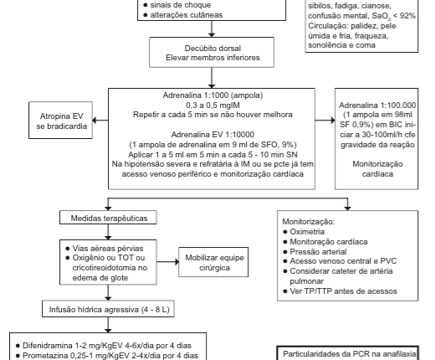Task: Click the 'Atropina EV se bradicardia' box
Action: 60,121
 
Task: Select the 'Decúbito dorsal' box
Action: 212,53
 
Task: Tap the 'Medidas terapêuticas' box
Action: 108,218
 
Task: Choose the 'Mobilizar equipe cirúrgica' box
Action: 213,262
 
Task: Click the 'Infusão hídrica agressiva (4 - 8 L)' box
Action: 108,309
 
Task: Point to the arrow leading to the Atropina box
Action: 100,121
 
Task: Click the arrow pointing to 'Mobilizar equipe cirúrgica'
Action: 167,262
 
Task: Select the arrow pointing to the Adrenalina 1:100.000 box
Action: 325,121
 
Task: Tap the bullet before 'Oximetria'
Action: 285,232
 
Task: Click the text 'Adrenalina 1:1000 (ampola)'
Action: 212,95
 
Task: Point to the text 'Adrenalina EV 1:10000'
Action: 212,135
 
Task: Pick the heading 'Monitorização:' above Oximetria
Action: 309,222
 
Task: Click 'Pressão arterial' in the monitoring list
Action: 318,252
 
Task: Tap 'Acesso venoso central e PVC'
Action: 343,261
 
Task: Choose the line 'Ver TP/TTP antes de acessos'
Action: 343,291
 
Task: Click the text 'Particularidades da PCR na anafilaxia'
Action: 350,354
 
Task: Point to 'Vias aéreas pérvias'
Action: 108,249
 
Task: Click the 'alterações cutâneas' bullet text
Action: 187,15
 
